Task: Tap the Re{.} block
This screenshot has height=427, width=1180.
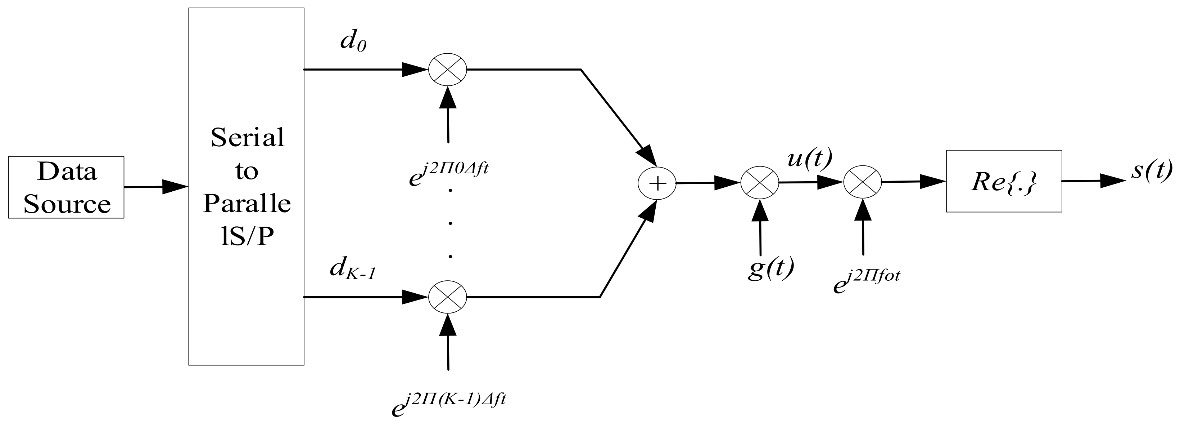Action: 1004,181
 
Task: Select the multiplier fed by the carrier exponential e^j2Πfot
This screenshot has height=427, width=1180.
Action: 863,182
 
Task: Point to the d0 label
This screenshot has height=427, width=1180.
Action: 353,42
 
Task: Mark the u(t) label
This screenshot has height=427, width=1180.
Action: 809,160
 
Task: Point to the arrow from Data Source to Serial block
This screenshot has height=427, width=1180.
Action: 156,187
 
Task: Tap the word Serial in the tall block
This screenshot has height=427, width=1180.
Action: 247,138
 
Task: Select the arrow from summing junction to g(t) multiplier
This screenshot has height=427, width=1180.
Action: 708,183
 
